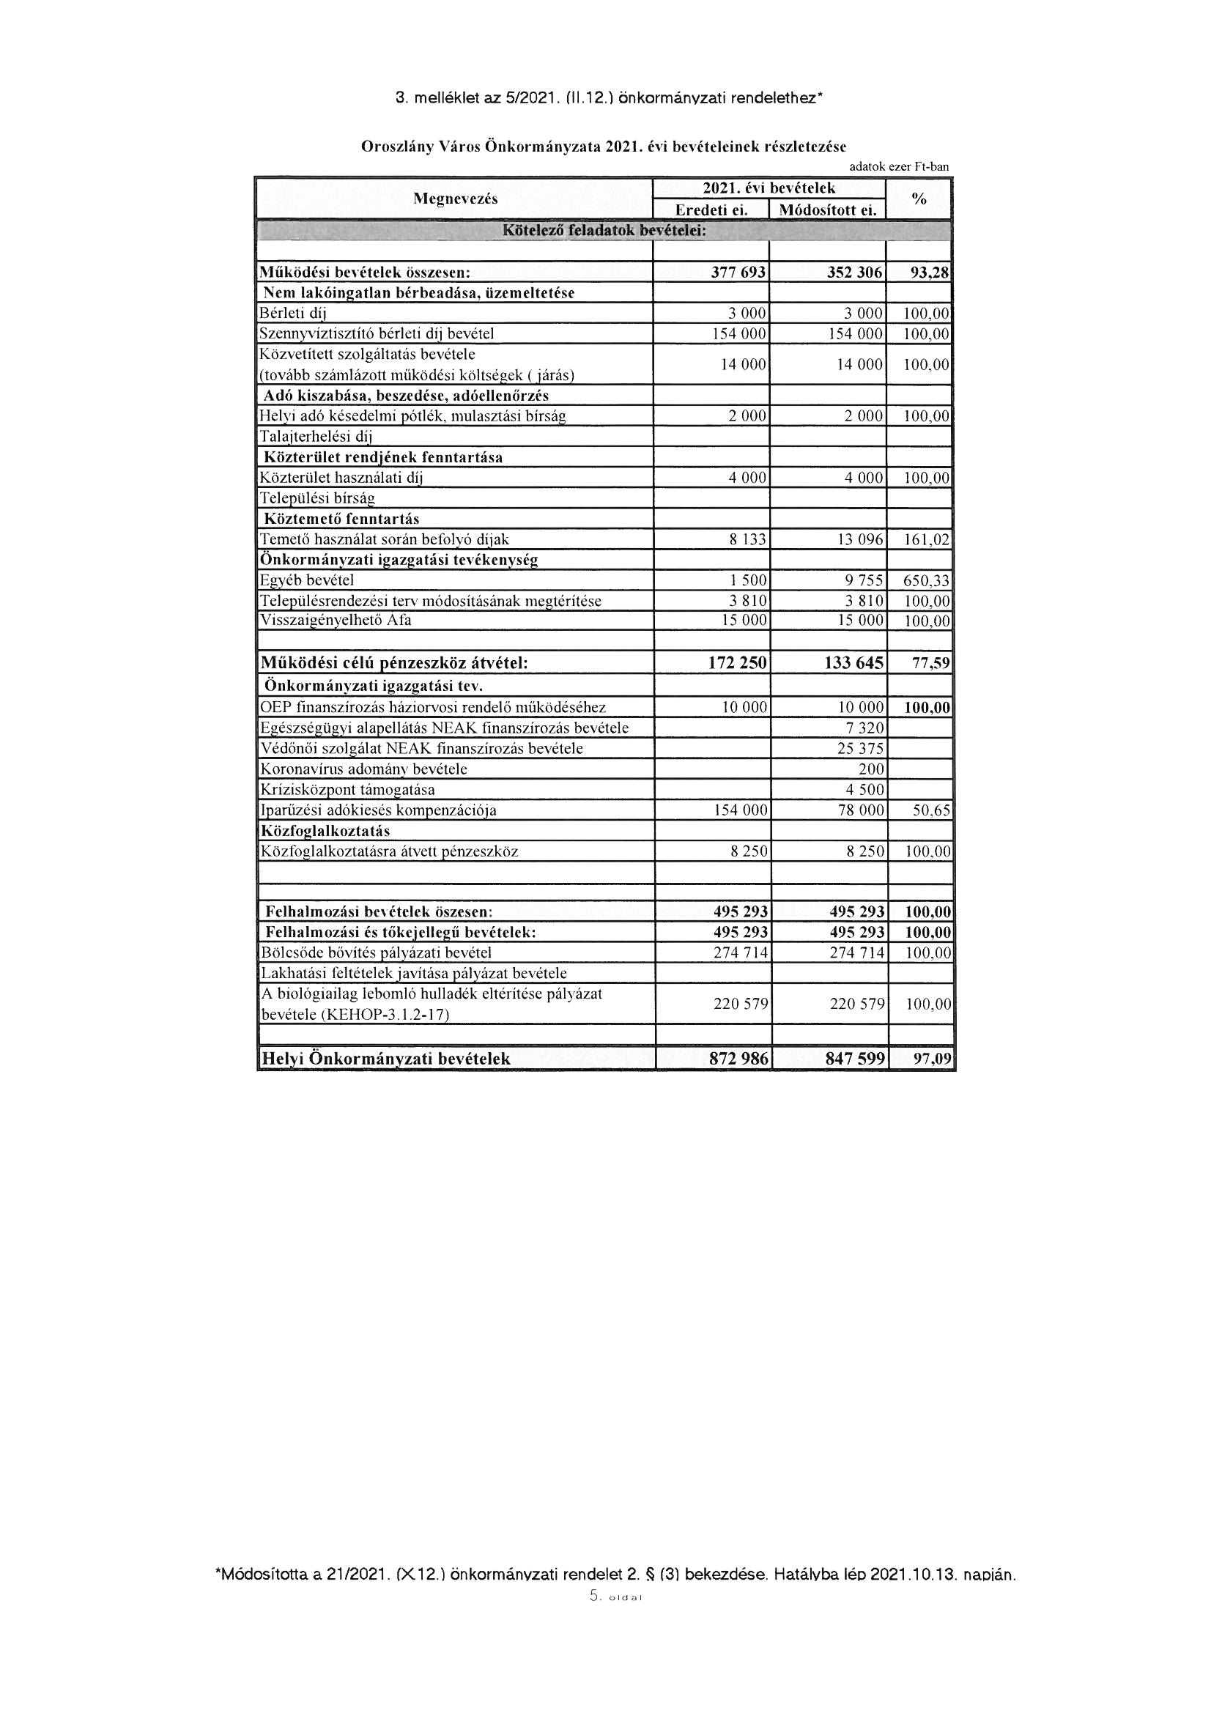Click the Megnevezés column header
[455, 199]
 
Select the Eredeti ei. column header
[711, 210]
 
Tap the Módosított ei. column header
[826, 210]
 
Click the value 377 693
[738, 273]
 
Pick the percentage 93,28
[930, 273]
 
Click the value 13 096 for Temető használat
[859, 539]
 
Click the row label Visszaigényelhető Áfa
[335, 620]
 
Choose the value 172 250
[737, 662]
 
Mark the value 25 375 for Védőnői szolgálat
[859, 748]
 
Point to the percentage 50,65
[932, 810]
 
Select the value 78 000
[860, 810]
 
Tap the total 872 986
[738, 1058]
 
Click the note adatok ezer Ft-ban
[898, 167]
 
